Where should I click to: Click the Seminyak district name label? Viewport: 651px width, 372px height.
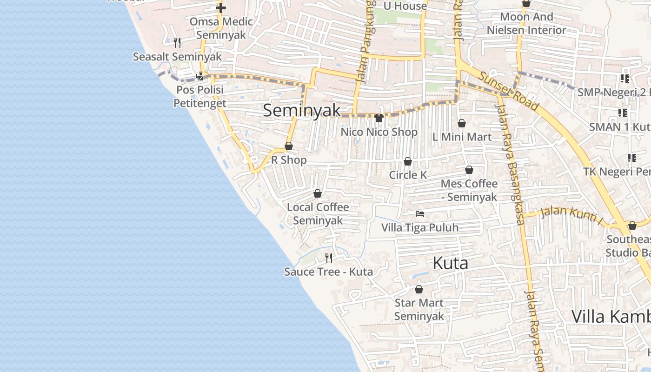point(302,111)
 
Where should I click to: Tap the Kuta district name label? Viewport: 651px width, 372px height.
point(450,263)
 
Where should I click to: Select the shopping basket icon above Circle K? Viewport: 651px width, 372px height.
point(408,161)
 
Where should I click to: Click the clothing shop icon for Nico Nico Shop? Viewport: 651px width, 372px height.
point(379,118)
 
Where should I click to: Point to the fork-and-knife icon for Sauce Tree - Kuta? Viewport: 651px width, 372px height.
point(329,258)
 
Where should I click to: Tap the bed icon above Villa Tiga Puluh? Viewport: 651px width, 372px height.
point(420,214)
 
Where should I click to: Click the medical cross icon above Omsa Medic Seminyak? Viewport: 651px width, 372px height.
point(221,8)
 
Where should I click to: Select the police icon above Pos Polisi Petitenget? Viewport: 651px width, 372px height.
point(200,76)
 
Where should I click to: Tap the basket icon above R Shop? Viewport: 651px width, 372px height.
point(289,146)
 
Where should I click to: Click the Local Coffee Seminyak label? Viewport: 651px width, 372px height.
point(318,214)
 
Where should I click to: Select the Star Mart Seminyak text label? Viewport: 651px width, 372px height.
point(419,310)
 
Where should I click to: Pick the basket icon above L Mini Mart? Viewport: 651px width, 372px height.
point(462,123)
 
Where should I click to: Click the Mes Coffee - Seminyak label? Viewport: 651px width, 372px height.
point(469,190)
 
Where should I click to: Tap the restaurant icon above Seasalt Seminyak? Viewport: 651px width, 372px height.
point(177,43)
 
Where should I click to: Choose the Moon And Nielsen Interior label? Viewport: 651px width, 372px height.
point(526,23)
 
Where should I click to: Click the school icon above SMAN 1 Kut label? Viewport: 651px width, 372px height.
point(623,113)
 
